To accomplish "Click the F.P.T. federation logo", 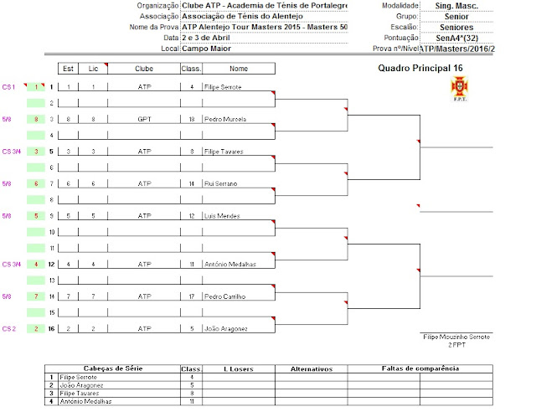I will tap(460, 86).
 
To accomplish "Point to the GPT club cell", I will tap(144, 119).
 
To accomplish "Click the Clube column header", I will tap(144, 68).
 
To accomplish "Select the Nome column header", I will tap(238, 68).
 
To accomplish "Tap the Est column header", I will tap(69, 68).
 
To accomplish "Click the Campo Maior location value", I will tap(206, 49).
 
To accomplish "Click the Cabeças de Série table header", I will tap(111, 368).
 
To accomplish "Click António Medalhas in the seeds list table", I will tap(90, 402).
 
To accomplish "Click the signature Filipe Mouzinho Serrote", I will tap(456, 336).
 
